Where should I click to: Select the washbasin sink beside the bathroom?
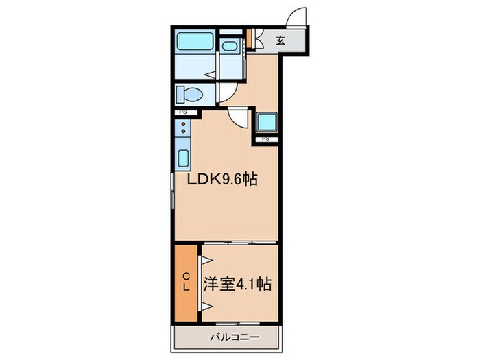pos(229,47)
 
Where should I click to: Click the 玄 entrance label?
pos(280,40)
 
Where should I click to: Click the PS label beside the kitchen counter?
pos(182,112)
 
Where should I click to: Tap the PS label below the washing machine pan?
pos(265,139)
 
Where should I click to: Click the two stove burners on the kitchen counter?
pos(182,128)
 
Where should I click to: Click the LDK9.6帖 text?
pos(223,180)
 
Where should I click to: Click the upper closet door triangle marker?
pos(204,261)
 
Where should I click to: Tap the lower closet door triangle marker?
pos(204,304)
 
